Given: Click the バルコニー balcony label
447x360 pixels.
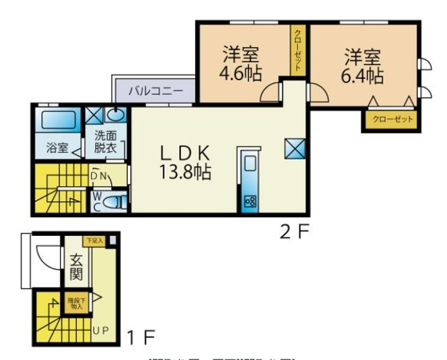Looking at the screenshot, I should [x=155, y=91].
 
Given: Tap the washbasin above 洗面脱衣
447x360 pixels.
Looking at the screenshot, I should [x=115, y=115].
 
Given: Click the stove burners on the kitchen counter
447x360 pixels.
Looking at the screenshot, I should [x=251, y=200].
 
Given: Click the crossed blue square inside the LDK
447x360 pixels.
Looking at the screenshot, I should [x=294, y=147].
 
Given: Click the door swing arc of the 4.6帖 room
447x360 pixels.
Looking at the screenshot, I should [x=269, y=94].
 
